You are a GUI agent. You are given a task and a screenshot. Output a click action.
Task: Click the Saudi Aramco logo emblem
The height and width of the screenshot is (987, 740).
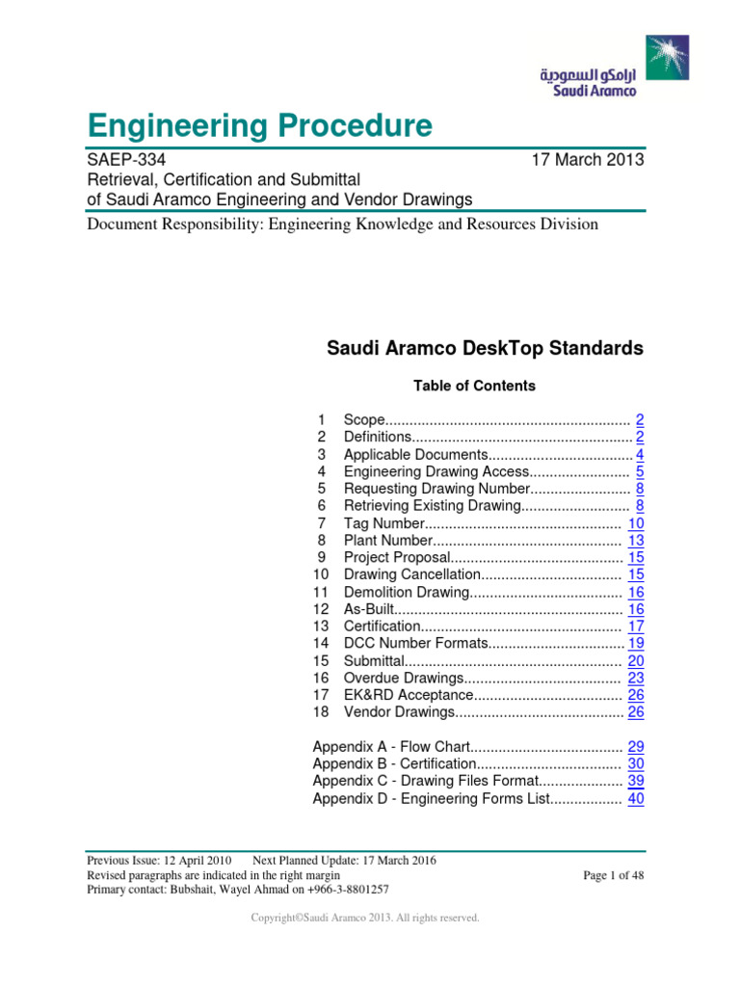click(667, 58)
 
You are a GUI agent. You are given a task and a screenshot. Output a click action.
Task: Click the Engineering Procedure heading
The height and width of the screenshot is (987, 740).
click(259, 125)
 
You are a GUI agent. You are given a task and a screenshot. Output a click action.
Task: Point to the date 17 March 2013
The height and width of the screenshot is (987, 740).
click(588, 160)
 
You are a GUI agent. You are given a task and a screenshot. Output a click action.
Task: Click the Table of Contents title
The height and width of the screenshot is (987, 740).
click(474, 386)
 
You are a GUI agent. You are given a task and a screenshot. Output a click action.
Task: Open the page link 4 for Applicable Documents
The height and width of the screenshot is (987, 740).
click(640, 455)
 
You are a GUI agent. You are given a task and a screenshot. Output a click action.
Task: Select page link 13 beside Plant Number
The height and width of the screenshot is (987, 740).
click(636, 541)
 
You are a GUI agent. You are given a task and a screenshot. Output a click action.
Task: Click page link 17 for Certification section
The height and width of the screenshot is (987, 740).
click(636, 627)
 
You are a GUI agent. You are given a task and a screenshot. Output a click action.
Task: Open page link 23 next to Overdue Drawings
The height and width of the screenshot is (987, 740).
click(636, 678)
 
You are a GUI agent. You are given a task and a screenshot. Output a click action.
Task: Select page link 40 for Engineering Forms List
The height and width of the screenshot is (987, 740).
click(636, 798)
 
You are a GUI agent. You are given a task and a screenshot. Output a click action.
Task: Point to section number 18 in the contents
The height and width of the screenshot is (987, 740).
click(322, 712)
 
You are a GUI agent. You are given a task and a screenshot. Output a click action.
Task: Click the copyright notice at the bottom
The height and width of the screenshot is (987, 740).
click(364, 918)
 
